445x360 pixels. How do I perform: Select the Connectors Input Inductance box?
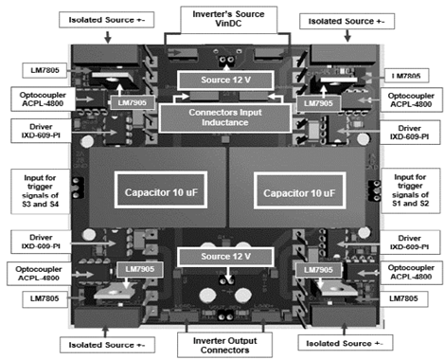(x=221, y=117)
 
